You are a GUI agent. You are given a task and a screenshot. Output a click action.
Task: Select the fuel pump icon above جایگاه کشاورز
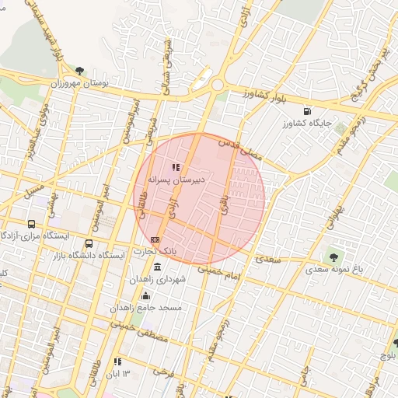click(308, 111)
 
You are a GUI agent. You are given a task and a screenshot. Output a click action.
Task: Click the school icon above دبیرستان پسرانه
click(175, 166)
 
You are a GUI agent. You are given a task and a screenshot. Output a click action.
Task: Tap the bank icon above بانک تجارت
click(155, 239)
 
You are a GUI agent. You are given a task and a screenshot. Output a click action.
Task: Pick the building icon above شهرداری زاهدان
click(158, 267)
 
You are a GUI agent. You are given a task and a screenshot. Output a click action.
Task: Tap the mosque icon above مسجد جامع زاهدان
click(147, 295)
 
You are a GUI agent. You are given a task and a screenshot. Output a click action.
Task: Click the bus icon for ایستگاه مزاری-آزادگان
click(31, 223)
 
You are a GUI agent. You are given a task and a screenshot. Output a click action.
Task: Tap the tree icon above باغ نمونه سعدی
click(335, 255)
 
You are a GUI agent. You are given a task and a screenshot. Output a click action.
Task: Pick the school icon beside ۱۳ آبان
click(117, 362)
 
